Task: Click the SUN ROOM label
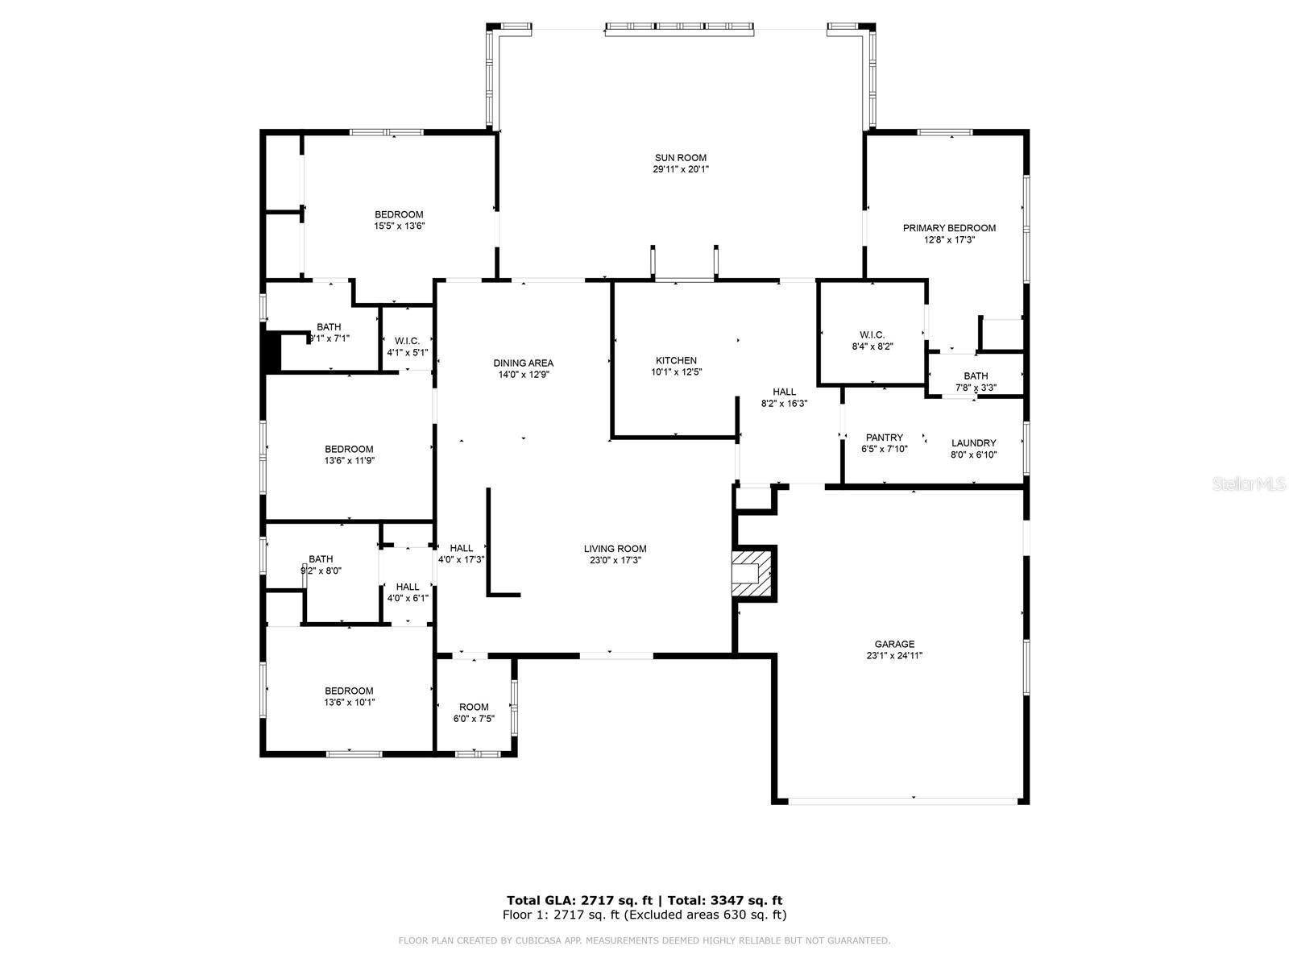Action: point(680,158)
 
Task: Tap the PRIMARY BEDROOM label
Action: point(949,228)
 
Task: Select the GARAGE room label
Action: point(894,644)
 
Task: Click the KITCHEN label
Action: point(676,360)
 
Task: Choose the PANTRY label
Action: point(884,438)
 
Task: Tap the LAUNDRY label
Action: point(973,442)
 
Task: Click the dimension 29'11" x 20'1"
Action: point(680,170)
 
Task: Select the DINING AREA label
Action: point(523,363)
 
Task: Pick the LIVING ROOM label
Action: point(615,549)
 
